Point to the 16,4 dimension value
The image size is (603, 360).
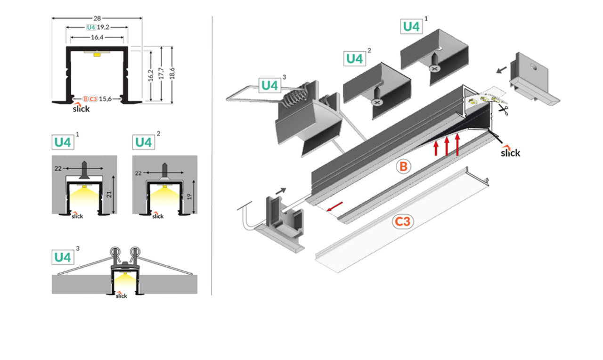pos(98,36)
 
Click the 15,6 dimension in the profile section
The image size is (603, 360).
pos(105,98)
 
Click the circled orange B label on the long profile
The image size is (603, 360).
pos(403,167)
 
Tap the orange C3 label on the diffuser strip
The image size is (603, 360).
pos(403,221)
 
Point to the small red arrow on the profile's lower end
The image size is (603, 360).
pos(335,206)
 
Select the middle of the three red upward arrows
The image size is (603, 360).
pos(447,147)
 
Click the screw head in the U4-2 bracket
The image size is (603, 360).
pos(377,101)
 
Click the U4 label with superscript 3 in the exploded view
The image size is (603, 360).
pos(270,85)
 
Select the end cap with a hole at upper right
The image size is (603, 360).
pos(536,78)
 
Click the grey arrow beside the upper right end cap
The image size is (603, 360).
pos(502,70)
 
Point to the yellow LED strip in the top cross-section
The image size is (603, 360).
pos(97,55)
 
